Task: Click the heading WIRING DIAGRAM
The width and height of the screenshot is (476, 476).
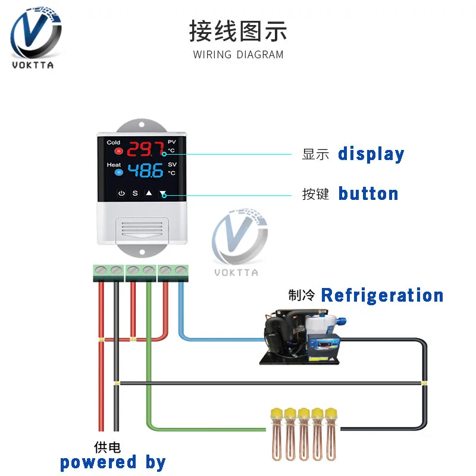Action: pos(238,55)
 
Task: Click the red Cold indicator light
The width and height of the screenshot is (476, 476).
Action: pos(118,151)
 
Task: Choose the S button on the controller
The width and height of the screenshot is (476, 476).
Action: pos(135,193)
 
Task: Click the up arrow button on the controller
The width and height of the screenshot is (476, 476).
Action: pos(149,193)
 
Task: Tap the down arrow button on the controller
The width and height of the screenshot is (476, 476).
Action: pos(163,193)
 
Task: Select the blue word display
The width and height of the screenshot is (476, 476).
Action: pos(371,154)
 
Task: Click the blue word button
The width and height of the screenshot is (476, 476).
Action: pos(368,193)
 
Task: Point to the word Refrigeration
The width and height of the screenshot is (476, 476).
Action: pos(382,295)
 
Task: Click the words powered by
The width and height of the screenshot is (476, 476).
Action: pos(112,462)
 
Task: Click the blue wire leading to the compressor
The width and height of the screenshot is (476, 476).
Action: pos(220,340)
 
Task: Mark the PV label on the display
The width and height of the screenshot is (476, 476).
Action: pos(172,142)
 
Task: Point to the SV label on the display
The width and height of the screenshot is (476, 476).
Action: pos(172,164)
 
